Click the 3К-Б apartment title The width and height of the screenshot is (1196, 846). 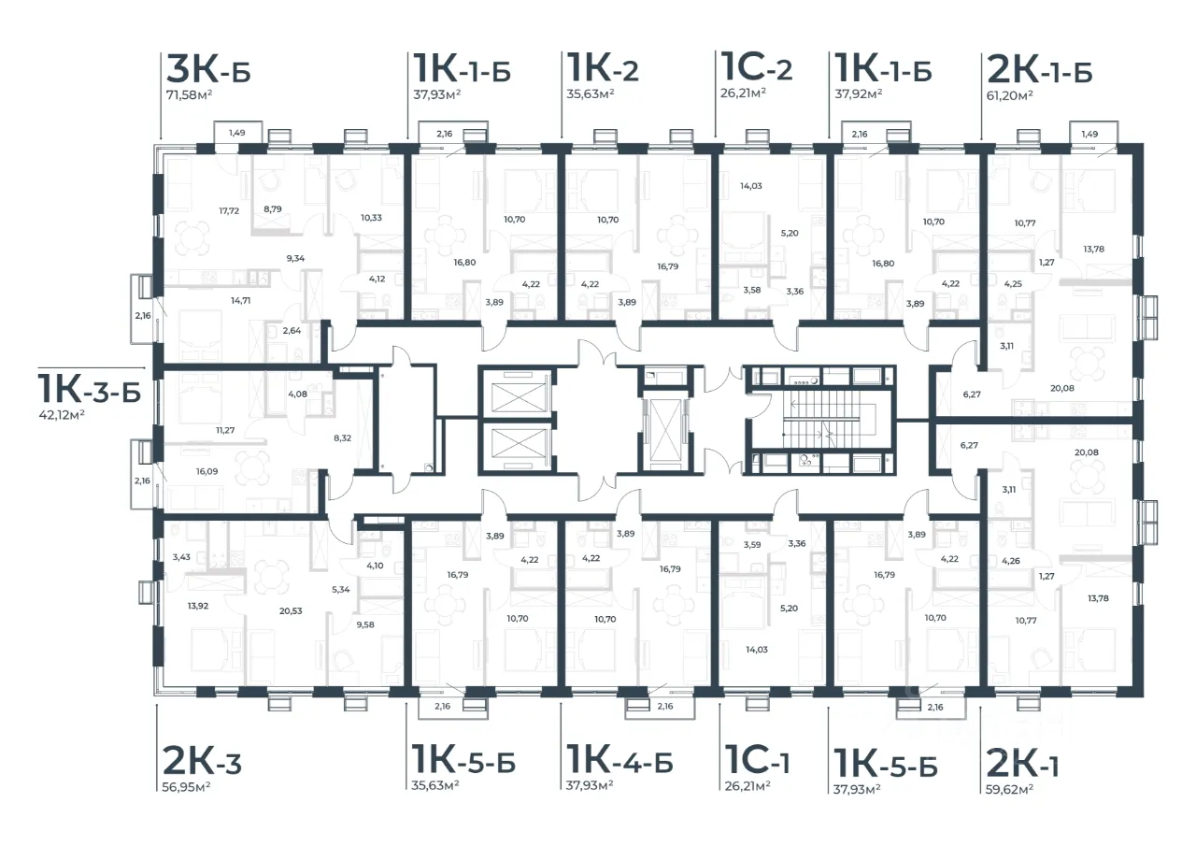pyautogui.click(x=208, y=69)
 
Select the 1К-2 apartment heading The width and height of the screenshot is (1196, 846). pyautogui.click(x=603, y=68)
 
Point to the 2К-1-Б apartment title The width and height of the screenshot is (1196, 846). pyautogui.click(x=1040, y=70)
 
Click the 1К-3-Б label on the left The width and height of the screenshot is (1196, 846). pyautogui.click(x=90, y=389)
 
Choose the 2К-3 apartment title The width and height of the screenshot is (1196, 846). pyautogui.click(x=202, y=762)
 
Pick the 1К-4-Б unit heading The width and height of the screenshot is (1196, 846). pyautogui.click(x=619, y=761)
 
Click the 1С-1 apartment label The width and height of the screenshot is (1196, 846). pyautogui.click(x=757, y=761)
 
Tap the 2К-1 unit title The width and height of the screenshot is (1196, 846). pyautogui.click(x=1023, y=765)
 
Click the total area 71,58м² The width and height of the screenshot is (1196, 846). pyautogui.click(x=190, y=95)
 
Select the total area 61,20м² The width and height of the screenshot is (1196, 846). pyautogui.click(x=1010, y=95)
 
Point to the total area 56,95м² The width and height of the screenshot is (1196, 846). pyautogui.click(x=186, y=787)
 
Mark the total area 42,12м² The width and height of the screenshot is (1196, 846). pyautogui.click(x=62, y=414)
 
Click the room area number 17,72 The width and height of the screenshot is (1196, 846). pyautogui.click(x=229, y=211)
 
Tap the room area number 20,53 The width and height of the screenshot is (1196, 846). pyautogui.click(x=291, y=611)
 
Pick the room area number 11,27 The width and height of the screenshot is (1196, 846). pyautogui.click(x=225, y=430)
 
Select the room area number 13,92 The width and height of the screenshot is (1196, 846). pyautogui.click(x=198, y=606)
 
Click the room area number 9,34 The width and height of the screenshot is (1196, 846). pyautogui.click(x=295, y=259)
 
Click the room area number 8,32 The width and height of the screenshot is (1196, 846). pyautogui.click(x=343, y=437)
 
